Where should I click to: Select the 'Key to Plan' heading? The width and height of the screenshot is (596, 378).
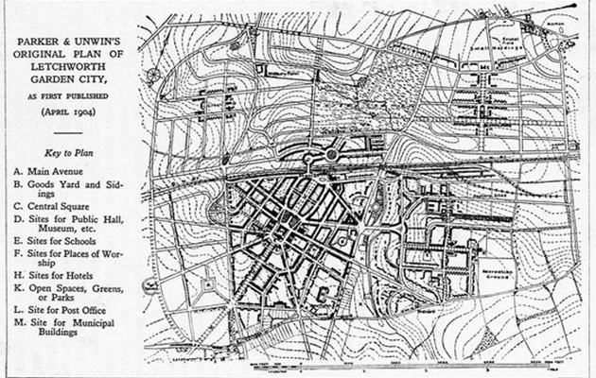[x=67, y=151]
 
